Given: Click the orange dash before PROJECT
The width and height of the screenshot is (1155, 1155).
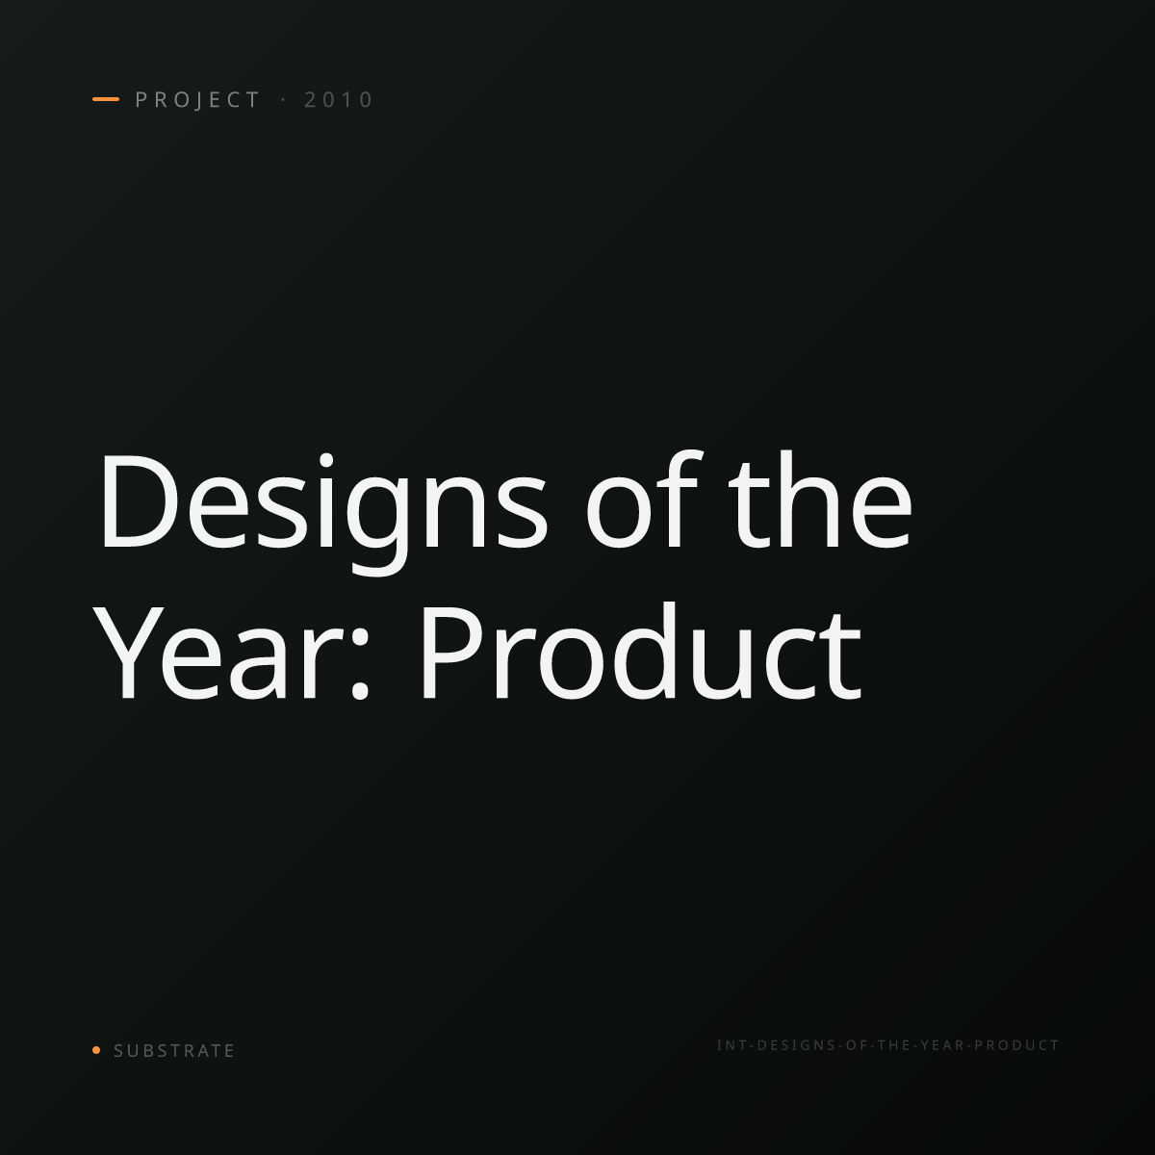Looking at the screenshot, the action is click(106, 99).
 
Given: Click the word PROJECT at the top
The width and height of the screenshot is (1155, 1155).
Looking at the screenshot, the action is click(198, 99).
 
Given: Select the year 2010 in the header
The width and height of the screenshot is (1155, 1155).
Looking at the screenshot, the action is click(339, 99).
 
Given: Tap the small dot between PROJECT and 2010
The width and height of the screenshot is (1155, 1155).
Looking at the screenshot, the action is click(284, 99).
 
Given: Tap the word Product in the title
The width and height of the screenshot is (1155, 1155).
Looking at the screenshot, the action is click(641, 652).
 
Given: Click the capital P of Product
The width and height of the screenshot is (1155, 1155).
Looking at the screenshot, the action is click(453, 654).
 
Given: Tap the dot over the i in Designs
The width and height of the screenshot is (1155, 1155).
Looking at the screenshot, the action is click(325, 460).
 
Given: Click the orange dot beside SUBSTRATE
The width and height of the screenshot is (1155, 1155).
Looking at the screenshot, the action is click(96, 1050).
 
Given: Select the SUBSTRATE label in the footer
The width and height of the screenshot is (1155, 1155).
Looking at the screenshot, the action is click(174, 1051).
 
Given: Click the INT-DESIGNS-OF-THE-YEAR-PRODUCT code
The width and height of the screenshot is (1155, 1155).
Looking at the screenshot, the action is click(887, 1045).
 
